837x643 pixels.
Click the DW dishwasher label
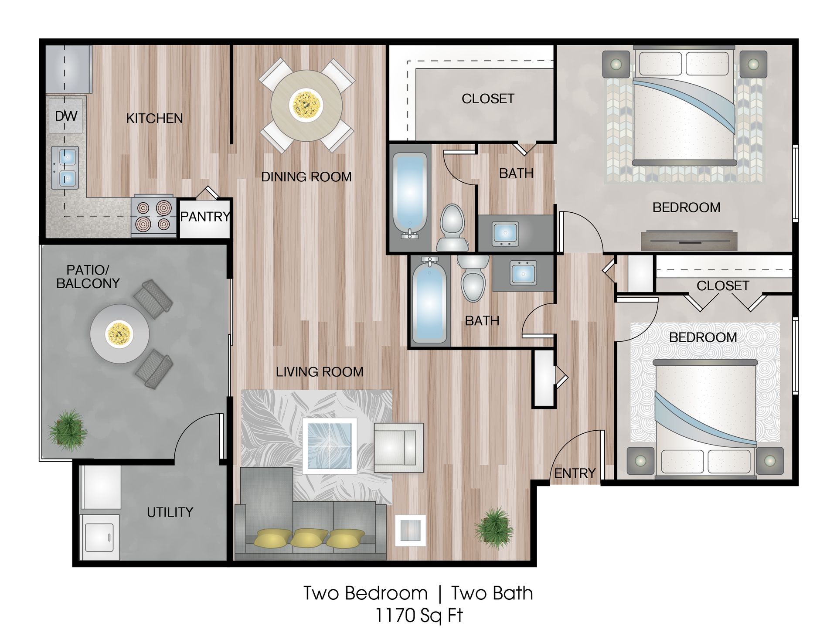click(x=66, y=116)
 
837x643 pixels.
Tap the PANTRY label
click(x=205, y=217)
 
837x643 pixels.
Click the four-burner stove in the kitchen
click(x=153, y=216)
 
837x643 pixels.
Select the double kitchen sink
click(x=65, y=167)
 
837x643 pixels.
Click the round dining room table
click(x=306, y=105)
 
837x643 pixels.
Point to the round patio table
click(x=119, y=333)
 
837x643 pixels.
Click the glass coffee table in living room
click(x=330, y=446)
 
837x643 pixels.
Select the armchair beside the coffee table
click(x=398, y=448)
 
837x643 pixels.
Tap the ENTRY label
click(x=575, y=473)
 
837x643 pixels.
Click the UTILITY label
click(x=170, y=512)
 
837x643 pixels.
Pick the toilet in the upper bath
click(x=452, y=228)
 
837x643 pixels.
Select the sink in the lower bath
click(x=523, y=273)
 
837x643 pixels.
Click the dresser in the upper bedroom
click(x=689, y=240)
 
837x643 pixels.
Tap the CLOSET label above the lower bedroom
click(x=722, y=286)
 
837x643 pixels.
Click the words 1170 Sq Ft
click(x=418, y=616)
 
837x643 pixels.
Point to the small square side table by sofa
click(x=410, y=530)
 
